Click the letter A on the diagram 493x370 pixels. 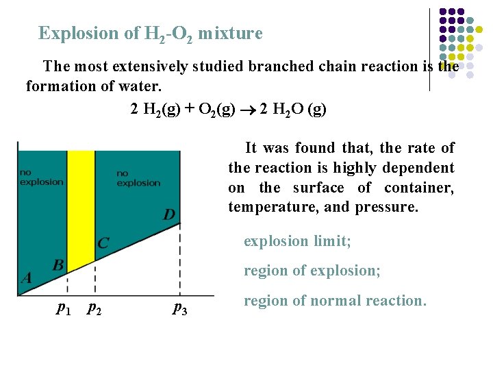click(26, 277)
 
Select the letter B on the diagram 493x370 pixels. click(59, 264)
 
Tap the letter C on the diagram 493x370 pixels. click(103, 243)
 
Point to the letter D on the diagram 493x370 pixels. click(168, 215)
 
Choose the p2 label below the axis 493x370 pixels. click(94, 310)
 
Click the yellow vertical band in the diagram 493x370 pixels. click(81, 206)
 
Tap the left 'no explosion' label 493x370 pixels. click(42, 177)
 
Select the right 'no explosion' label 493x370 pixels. click(138, 178)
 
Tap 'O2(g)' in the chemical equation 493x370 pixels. click(216, 110)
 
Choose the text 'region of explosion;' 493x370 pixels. click(312, 271)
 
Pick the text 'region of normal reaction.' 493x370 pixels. click(335, 300)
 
